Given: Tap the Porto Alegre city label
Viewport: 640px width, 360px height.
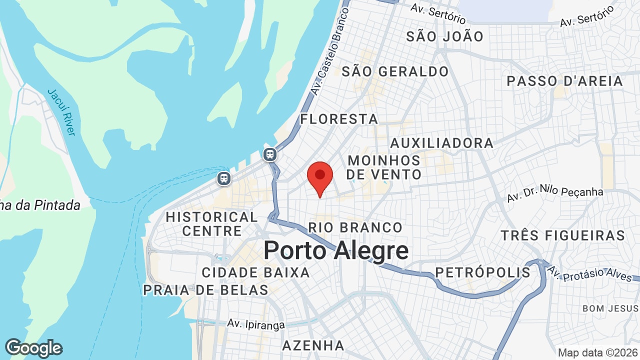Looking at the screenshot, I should click(335, 250).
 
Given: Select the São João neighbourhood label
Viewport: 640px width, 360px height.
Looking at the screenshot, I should click(444, 36).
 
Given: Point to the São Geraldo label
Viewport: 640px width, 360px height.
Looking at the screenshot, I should click(395, 71).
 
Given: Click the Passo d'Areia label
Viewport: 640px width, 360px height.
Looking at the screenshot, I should click(565, 81).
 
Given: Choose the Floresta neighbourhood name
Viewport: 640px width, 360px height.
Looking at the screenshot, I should click(339, 119).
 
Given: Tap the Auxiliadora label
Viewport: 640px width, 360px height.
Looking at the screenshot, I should click(441, 143).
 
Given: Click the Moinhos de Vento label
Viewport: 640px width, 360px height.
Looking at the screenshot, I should click(384, 167).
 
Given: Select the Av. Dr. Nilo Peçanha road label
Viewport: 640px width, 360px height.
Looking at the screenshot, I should click(555, 194).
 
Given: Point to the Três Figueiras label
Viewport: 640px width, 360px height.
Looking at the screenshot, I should click(563, 235).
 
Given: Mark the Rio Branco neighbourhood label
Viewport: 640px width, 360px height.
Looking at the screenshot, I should click(355, 227).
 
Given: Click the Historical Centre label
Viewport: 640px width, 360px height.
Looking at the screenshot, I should click(212, 224).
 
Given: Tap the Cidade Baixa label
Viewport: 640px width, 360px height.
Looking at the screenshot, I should click(255, 272).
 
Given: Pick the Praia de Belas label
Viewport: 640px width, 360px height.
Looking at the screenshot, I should click(205, 290).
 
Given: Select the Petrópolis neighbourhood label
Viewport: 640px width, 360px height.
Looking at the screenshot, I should click(482, 272).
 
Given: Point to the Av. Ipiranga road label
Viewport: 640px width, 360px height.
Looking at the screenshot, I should click(255, 324).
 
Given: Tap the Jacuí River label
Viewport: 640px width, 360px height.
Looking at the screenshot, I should click(61, 112).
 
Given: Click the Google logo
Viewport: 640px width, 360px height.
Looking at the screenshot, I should click(33, 348).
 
